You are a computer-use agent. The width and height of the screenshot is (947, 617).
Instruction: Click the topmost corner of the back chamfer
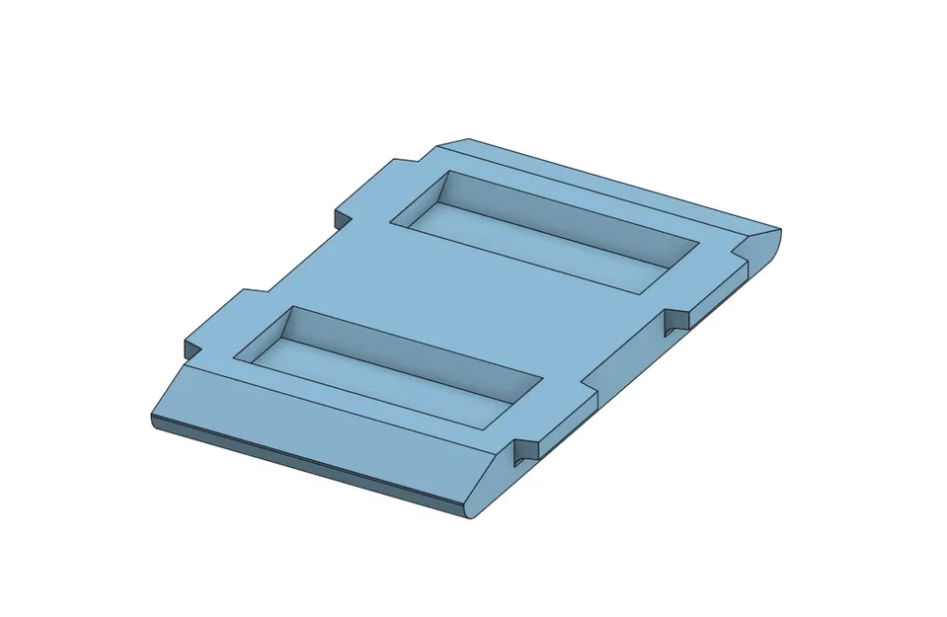pos(468,139)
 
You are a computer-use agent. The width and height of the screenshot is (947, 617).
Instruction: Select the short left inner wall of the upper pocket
pos(425,197)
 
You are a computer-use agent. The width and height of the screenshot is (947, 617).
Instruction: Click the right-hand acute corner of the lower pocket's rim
pos(542,379)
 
